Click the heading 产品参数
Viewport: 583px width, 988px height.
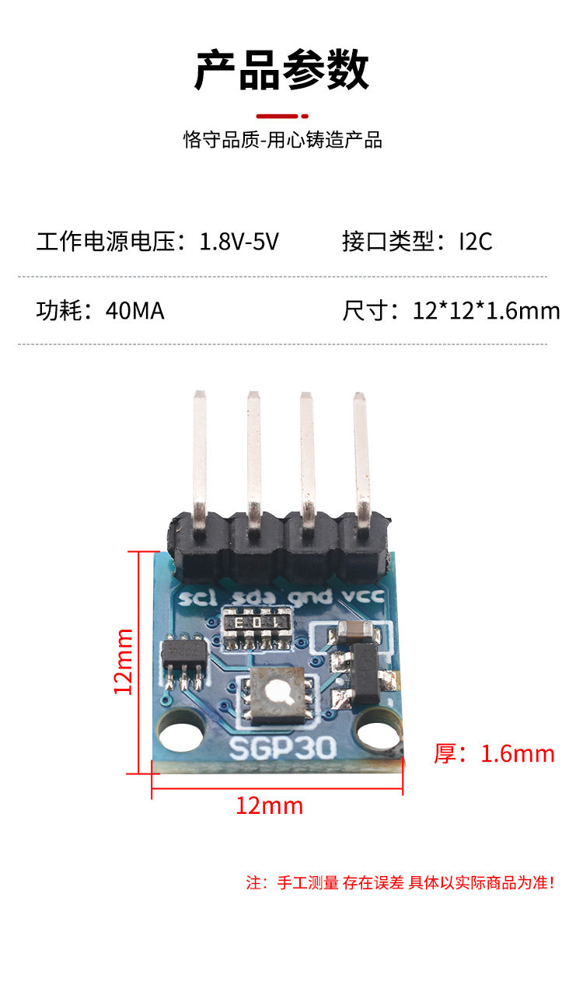(x=281, y=70)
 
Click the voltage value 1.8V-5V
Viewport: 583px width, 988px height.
(x=239, y=242)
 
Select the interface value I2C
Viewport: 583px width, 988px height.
(x=475, y=242)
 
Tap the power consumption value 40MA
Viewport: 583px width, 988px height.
(x=135, y=311)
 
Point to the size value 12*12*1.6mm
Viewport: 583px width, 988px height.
(x=487, y=311)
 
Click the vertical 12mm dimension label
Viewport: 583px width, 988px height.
(x=124, y=662)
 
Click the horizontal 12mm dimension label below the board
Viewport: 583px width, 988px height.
(x=269, y=805)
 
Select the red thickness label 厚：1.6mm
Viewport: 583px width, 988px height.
(x=494, y=753)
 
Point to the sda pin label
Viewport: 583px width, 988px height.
(x=250, y=598)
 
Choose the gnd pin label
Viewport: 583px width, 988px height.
(x=305, y=598)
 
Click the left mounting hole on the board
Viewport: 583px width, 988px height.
(x=182, y=735)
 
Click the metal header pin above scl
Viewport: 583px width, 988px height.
(x=200, y=459)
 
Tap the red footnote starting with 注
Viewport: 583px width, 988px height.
(x=400, y=882)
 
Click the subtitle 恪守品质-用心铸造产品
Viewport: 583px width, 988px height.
(x=283, y=140)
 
